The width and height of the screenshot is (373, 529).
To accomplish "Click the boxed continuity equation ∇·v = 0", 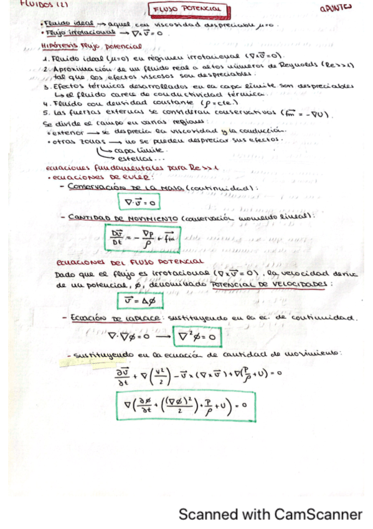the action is click(139, 202).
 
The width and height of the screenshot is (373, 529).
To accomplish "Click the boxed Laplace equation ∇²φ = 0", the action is click(197, 337).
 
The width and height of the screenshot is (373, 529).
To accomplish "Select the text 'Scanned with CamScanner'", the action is click(270, 515).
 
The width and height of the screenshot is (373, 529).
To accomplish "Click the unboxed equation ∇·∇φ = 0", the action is click(128, 337).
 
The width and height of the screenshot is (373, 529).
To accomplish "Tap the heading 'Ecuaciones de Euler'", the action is click(81, 177).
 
